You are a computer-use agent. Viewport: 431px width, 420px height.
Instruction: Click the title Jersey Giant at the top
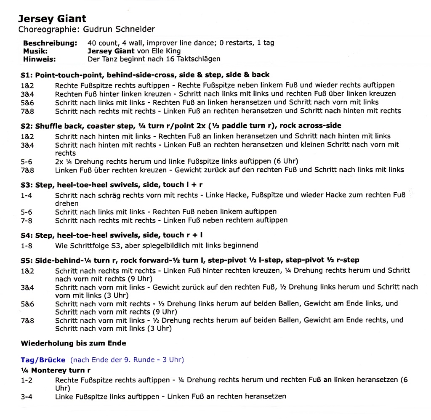coord(52,19)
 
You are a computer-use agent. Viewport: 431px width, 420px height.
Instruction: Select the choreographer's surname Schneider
coord(136,29)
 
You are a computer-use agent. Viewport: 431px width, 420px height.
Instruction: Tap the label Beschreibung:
coord(50,43)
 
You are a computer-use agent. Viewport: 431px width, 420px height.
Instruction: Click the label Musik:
coord(35,51)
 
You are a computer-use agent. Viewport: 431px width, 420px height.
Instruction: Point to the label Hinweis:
coord(39,59)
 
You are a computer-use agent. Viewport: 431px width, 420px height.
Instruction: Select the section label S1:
coord(27,75)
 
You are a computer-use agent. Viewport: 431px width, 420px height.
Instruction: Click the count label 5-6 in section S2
coord(26,162)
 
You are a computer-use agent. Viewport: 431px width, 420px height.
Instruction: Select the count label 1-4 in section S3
coord(26,195)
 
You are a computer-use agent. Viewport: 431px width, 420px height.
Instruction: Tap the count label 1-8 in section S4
coord(26,245)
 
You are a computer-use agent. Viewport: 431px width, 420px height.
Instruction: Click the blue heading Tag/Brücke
coord(43,360)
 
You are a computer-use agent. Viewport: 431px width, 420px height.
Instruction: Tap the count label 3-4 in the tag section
coord(26,396)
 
